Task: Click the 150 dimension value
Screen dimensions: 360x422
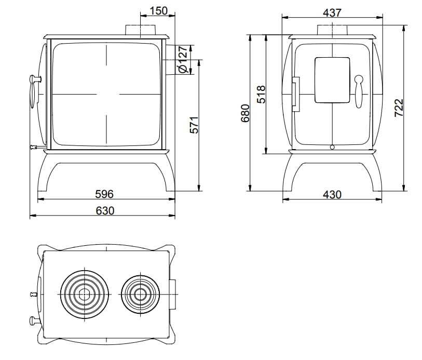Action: (158, 11)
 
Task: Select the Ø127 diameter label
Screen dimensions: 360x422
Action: (182, 60)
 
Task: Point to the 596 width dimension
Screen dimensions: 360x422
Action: (104, 194)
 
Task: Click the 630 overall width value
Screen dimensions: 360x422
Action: (104, 210)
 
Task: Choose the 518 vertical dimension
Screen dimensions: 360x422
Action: (261, 94)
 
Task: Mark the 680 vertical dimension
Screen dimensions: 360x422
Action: (246, 113)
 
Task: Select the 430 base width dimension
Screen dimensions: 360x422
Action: (332, 194)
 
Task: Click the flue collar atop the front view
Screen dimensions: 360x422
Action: (139, 30)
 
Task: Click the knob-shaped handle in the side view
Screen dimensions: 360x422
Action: (358, 90)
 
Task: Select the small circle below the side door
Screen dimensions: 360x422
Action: (332, 147)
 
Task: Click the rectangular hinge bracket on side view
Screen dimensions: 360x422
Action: (296, 95)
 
